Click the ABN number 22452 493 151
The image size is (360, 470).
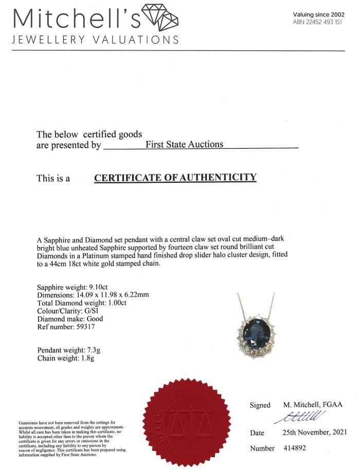[317, 22]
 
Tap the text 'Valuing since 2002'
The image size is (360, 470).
[318, 15]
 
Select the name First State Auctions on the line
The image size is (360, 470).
[185, 145]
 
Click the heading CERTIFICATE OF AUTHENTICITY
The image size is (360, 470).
[175, 178]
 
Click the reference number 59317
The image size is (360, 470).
[84, 326]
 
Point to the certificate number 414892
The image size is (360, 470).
[295, 448]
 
